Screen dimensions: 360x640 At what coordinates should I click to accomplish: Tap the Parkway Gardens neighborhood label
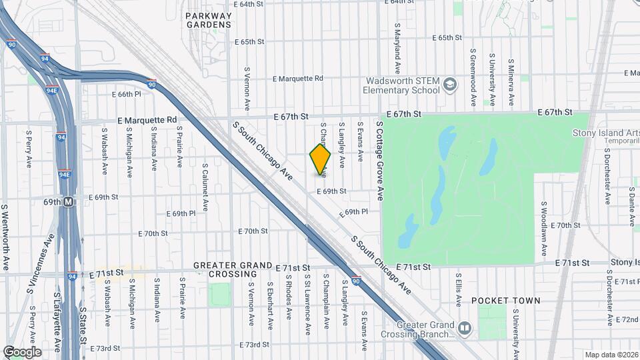209,20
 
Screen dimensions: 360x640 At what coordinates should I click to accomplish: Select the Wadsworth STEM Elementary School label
401,85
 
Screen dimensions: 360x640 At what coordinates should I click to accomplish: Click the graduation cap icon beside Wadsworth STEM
450,85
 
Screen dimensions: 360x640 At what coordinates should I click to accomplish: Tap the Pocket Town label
506,301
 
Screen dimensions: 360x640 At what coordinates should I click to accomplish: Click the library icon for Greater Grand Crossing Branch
465,328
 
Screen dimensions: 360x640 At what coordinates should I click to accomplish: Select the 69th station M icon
68,201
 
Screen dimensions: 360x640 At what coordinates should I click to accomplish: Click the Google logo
22,352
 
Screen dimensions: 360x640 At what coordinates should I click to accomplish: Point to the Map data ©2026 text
611,355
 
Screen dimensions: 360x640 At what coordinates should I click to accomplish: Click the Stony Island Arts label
605,133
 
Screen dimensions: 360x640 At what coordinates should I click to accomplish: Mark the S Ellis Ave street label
459,289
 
